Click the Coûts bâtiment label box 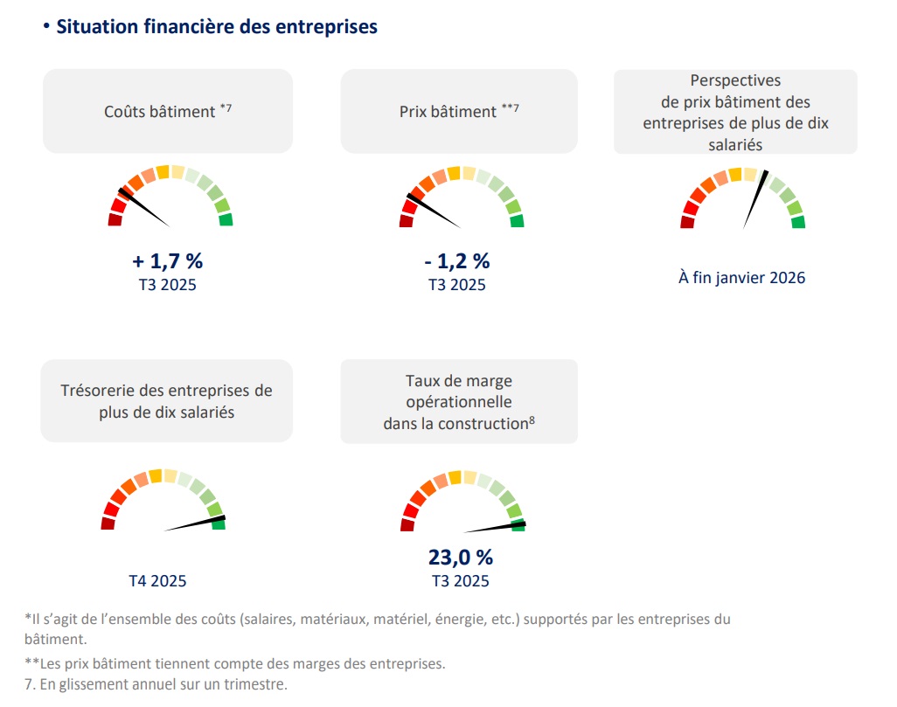(168, 111)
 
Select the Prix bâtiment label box (459, 111)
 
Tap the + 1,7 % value (167, 260)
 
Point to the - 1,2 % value (457, 260)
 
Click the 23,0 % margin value (460, 557)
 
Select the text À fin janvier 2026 (741, 278)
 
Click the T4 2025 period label (157, 580)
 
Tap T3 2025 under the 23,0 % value (460, 580)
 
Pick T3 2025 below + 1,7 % (167, 285)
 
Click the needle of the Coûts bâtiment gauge (143, 206)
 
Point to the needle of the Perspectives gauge (755, 199)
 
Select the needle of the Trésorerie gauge (194, 523)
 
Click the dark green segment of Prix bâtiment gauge (517, 221)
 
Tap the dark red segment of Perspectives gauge (687, 222)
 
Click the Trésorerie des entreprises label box (167, 400)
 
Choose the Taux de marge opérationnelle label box (459, 401)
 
